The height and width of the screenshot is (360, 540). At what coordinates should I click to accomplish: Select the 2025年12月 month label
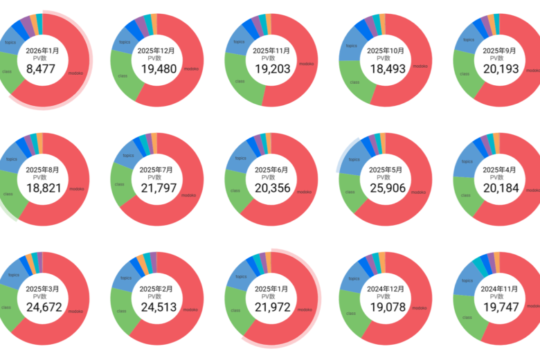tap(156, 51)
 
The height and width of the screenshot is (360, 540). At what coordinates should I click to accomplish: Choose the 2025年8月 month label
tap(43, 170)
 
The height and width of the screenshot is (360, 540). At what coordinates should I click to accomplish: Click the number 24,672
tap(43, 307)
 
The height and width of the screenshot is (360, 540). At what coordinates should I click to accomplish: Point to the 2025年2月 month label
tap(156, 289)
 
